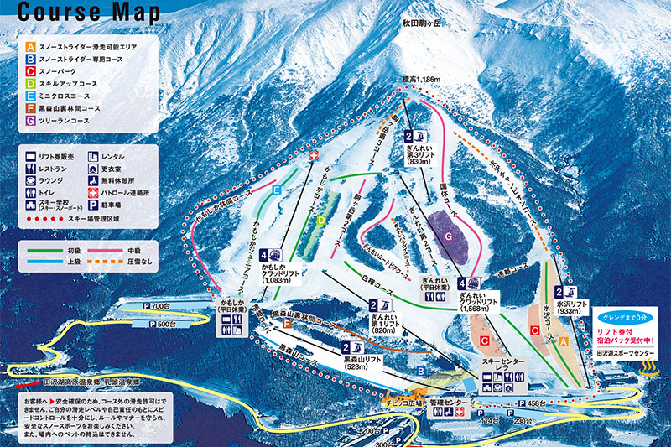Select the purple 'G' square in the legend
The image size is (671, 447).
[x=30, y=121]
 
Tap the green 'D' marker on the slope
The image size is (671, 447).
[x=321, y=220]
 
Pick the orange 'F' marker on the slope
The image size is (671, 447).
[x=287, y=322]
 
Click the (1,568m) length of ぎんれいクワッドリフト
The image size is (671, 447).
[x=481, y=309]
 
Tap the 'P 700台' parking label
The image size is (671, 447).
[x=155, y=306]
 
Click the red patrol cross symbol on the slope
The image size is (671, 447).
[x=314, y=157]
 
